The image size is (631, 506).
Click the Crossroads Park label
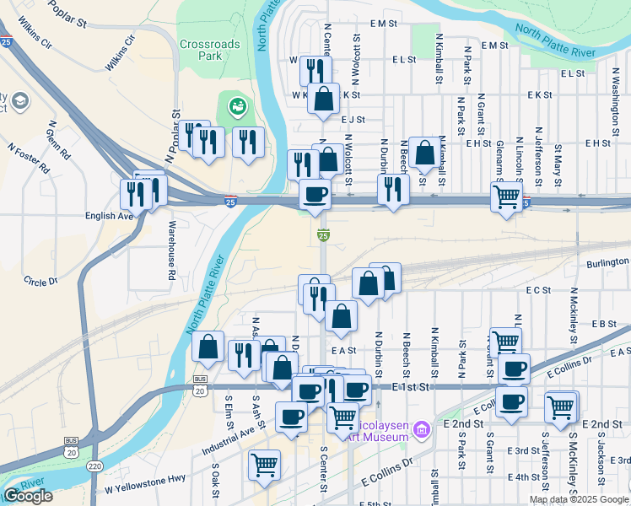(x=209, y=50)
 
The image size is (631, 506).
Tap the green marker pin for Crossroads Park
(x=237, y=108)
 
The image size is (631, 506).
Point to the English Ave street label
(x=110, y=216)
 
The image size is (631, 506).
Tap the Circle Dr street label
(x=40, y=281)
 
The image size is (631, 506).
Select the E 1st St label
(x=412, y=385)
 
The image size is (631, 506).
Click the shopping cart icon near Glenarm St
(x=505, y=197)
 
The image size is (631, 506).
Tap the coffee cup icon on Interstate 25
(x=315, y=194)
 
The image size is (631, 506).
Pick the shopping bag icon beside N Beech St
(x=425, y=153)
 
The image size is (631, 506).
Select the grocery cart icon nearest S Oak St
(x=264, y=464)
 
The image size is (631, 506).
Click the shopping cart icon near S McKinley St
(x=561, y=406)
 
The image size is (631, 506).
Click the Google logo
(x=28, y=496)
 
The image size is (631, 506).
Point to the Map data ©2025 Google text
(x=579, y=499)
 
